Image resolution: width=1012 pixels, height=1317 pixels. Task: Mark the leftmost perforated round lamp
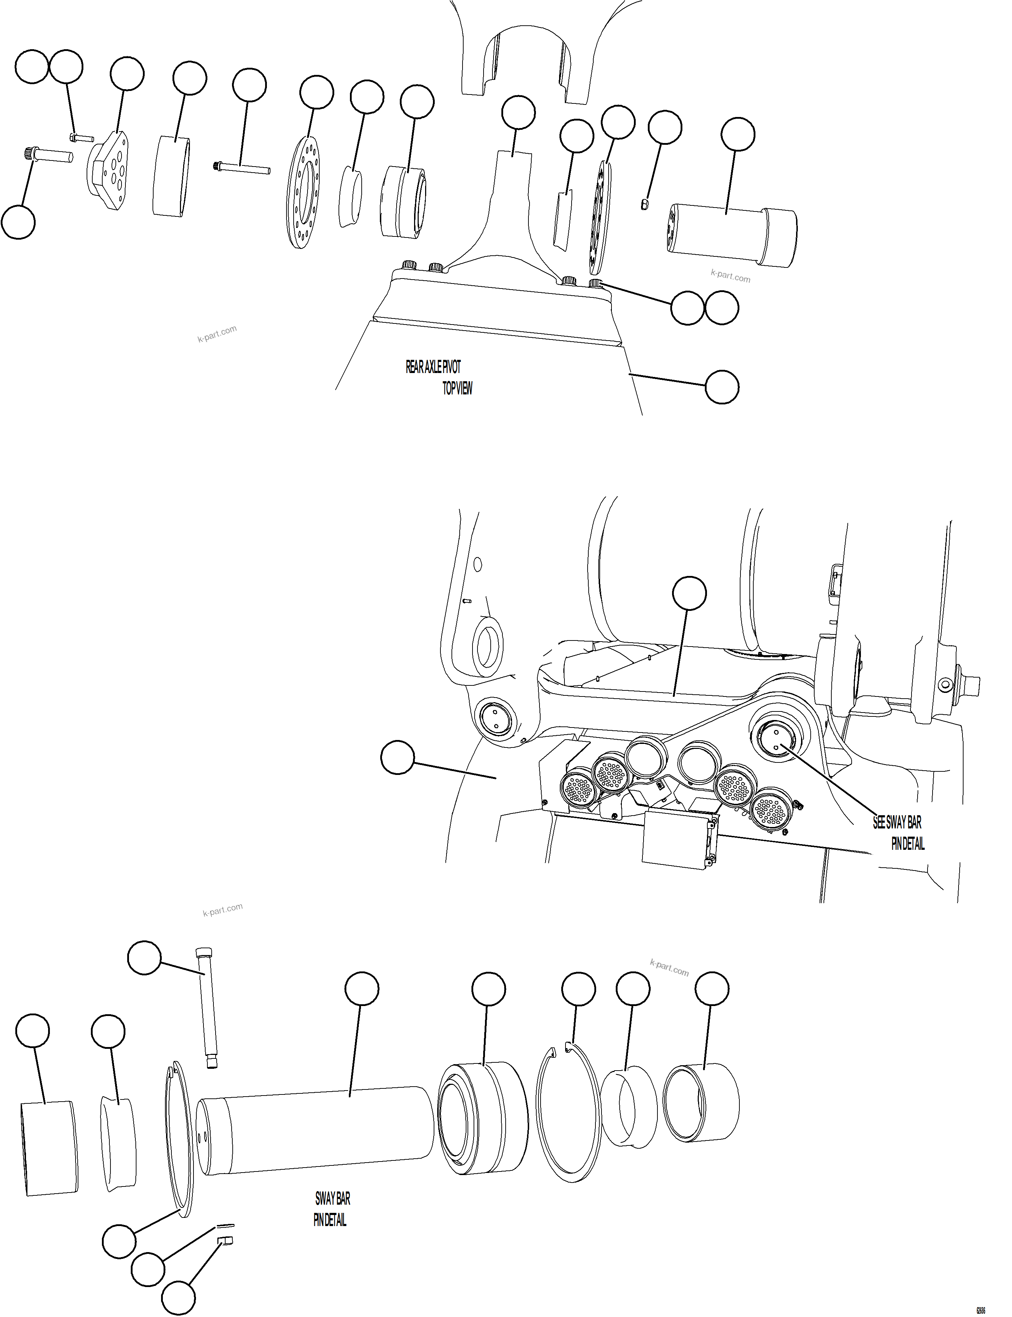(577, 789)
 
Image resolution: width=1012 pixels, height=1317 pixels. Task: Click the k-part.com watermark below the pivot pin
(730, 277)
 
